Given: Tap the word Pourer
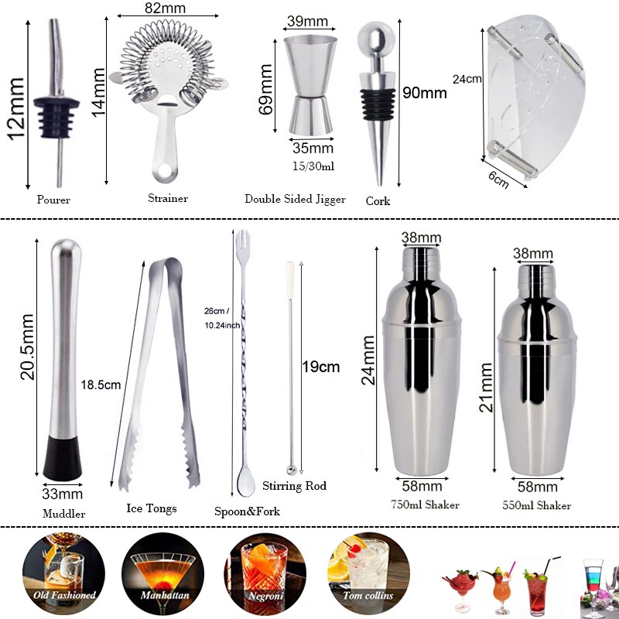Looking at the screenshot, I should pyautogui.click(x=53, y=200).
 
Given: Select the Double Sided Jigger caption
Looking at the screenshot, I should pyautogui.click(x=296, y=199).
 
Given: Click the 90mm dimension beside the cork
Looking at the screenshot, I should pyautogui.click(x=425, y=93).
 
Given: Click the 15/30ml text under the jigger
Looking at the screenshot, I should pyautogui.click(x=313, y=166).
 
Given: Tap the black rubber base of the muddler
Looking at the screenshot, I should pyautogui.click(x=63, y=457).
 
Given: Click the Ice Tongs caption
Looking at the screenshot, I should pyautogui.click(x=152, y=508).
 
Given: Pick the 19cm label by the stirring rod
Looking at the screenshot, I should pyautogui.click(x=321, y=367).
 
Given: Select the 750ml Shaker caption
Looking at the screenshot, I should pyautogui.click(x=426, y=504).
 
